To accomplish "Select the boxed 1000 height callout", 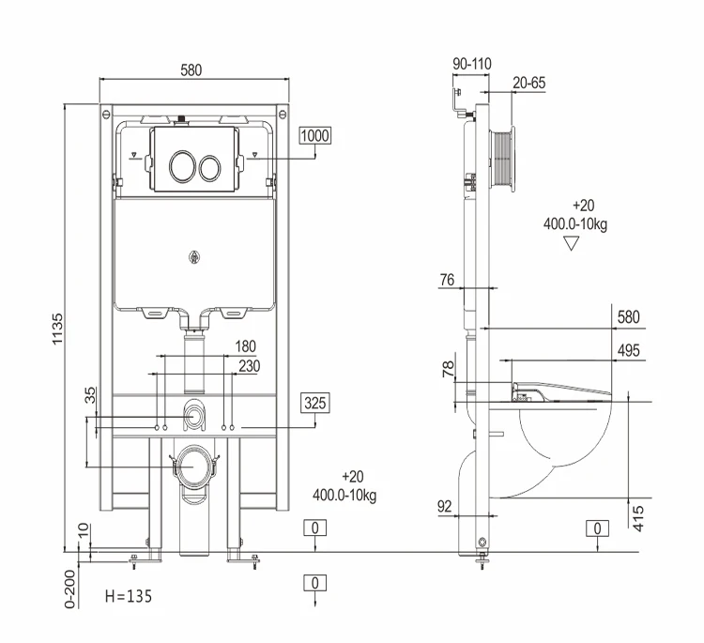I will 314,135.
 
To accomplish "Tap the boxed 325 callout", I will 314,404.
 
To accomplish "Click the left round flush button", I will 181,167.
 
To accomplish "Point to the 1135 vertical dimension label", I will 58,325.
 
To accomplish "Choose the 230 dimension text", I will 249,366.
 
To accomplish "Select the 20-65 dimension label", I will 529,83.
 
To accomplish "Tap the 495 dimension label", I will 628,350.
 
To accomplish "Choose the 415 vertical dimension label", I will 640,515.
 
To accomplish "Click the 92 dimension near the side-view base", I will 445,506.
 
